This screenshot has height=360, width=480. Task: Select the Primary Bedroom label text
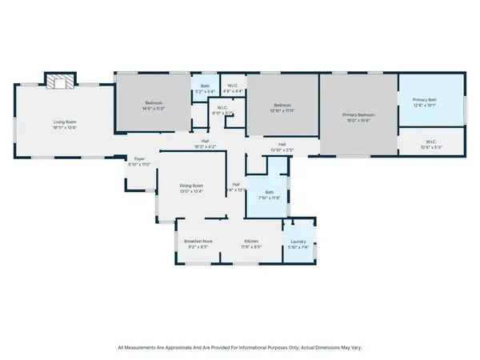tap(359, 115)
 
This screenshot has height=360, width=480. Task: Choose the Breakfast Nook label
tap(198, 242)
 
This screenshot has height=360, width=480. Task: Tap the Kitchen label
tap(252, 242)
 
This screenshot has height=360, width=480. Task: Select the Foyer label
tap(139, 159)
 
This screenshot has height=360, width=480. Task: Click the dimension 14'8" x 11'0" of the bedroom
tap(154, 108)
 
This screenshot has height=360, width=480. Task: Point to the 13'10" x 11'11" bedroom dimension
tap(282, 110)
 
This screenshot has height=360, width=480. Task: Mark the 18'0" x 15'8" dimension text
tap(359, 121)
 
